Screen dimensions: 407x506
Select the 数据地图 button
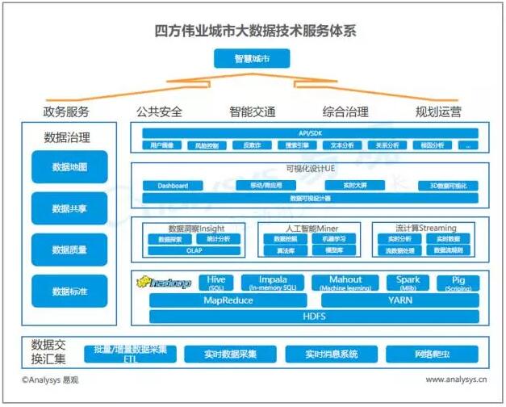pos(69,167)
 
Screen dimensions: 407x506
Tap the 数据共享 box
pos(69,208)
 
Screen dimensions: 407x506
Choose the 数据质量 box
pos(69,250)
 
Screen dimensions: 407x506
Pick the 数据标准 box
pos(69,291)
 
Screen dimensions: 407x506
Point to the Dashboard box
pos(173,186)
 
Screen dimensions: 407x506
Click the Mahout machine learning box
pos(345,283)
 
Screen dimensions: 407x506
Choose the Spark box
pos(408,283)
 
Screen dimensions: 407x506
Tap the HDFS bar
pos(314,316)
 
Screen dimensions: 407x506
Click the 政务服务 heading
pos(66,111)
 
